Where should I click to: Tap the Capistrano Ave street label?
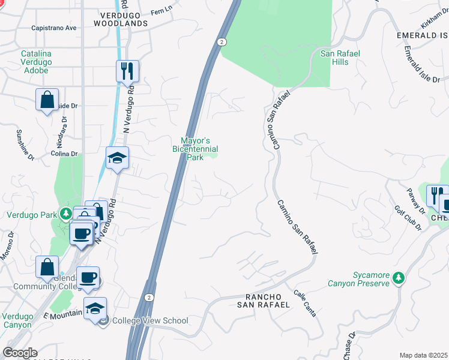click(54, 28)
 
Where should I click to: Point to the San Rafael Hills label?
click(340, 58)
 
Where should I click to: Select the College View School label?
click(150, 320)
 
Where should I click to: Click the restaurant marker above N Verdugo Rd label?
click(127, 71)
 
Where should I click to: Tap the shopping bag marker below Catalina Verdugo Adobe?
click(47, 100)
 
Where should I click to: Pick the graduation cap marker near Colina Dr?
click(118, 158)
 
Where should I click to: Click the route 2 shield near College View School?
click(149, 298)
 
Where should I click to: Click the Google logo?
click(19, 353)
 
